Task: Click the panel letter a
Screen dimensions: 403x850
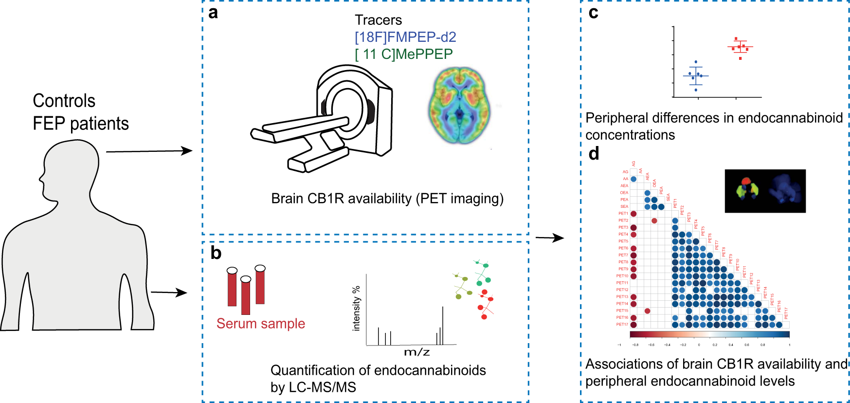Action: [213, 13]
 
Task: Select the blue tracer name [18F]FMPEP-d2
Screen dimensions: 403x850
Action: [405, 37]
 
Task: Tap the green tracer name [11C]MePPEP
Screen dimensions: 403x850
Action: [404, 54]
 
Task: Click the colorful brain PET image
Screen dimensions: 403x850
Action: [459, 105]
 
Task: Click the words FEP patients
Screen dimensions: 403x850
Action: [81, 124]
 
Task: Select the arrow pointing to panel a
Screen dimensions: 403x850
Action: [149, 151]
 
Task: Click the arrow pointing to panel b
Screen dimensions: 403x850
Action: [169, 293]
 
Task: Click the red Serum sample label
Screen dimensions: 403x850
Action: [261, 324]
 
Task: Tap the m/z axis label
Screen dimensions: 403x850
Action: [416, 352]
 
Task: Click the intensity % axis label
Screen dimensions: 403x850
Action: [356, 309]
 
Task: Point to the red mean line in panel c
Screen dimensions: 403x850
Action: [740, 47]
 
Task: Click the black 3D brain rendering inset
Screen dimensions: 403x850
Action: [765, 191]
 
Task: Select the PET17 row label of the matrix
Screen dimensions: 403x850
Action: [622, 325]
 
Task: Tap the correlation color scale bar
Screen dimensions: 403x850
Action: [709, 335]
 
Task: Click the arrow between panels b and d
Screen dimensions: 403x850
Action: [550, 238]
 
